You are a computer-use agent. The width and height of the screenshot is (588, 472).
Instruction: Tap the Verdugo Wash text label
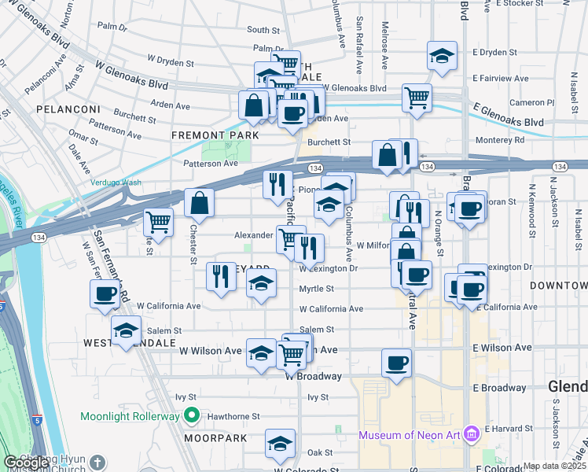(x=116, y=183)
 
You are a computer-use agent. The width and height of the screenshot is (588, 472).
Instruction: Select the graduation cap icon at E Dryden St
(x=443, y=56)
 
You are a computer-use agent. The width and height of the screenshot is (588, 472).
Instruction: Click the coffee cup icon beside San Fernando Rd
(x=105, y=295)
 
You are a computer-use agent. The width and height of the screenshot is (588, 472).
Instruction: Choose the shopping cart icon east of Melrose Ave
(x=417, y=98)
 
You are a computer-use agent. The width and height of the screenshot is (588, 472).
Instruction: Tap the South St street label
(x=263, y=30)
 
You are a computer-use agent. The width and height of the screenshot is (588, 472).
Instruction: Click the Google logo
(x=26, y=463)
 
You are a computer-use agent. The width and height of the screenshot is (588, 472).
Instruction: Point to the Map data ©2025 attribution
(x=555, y=466)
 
